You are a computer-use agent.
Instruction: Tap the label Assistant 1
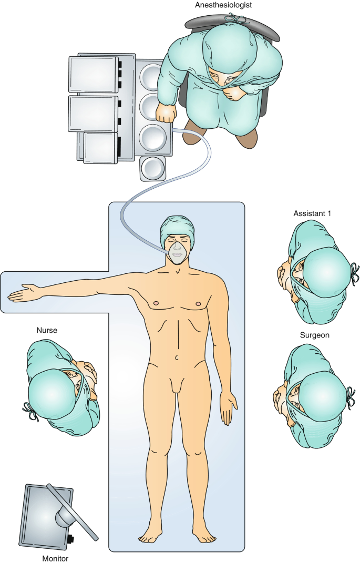click(313, 214)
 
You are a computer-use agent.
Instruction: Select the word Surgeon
click(314, 335)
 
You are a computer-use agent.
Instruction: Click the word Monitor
click(55, 558)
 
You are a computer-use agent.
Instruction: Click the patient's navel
click(177, 357)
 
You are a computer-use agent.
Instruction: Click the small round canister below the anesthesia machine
click(153, 168)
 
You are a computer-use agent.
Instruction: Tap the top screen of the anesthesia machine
click(93, 74)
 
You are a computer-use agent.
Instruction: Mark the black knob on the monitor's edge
click(70, 538)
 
